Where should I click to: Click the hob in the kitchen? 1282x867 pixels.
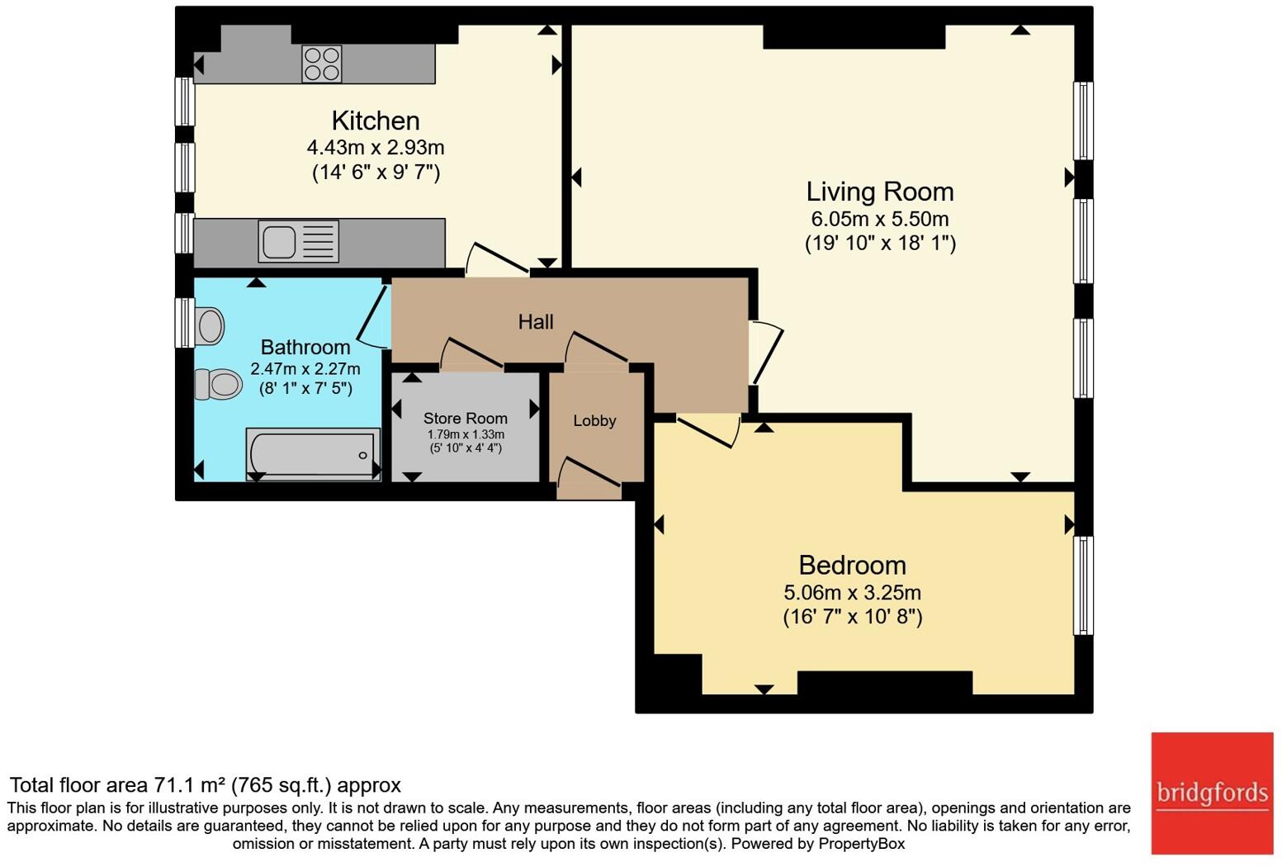(322, 64)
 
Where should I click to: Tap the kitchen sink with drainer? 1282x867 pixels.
(298, 242)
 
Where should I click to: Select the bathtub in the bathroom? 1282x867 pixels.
(313, 454)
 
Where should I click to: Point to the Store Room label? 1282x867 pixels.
(466, 418)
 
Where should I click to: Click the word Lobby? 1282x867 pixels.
(594, 421)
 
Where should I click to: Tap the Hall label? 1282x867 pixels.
(536, 322)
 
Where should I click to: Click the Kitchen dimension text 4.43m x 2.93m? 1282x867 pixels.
(376, 148)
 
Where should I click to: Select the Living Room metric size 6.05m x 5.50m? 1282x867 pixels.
(880, 219)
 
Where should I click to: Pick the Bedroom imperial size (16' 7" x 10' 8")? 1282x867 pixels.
(852, 617)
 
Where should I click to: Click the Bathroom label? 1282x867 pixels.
(305, 347)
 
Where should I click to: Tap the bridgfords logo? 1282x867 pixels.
(1212, 794)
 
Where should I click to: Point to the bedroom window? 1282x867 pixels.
(1083, 585)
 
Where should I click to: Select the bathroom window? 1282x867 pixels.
(184, 322)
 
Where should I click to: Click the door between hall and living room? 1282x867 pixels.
(767, 352)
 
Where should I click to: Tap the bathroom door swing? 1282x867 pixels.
(372, 317)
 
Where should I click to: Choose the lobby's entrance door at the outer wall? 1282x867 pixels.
(589, 478)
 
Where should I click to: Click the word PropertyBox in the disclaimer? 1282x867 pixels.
(861, 844)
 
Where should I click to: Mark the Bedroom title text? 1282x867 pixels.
(852, 566)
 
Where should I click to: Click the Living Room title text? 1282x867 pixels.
(880, 192)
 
